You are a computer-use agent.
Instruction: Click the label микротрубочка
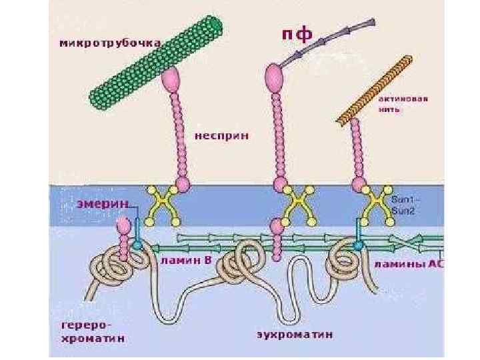click(x=110, y=43)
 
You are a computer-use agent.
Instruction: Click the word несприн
click(x=222, y=135)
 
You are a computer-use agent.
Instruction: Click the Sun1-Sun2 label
click(x=404, y=205)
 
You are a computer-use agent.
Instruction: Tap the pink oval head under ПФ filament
click(x=274, y=76)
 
